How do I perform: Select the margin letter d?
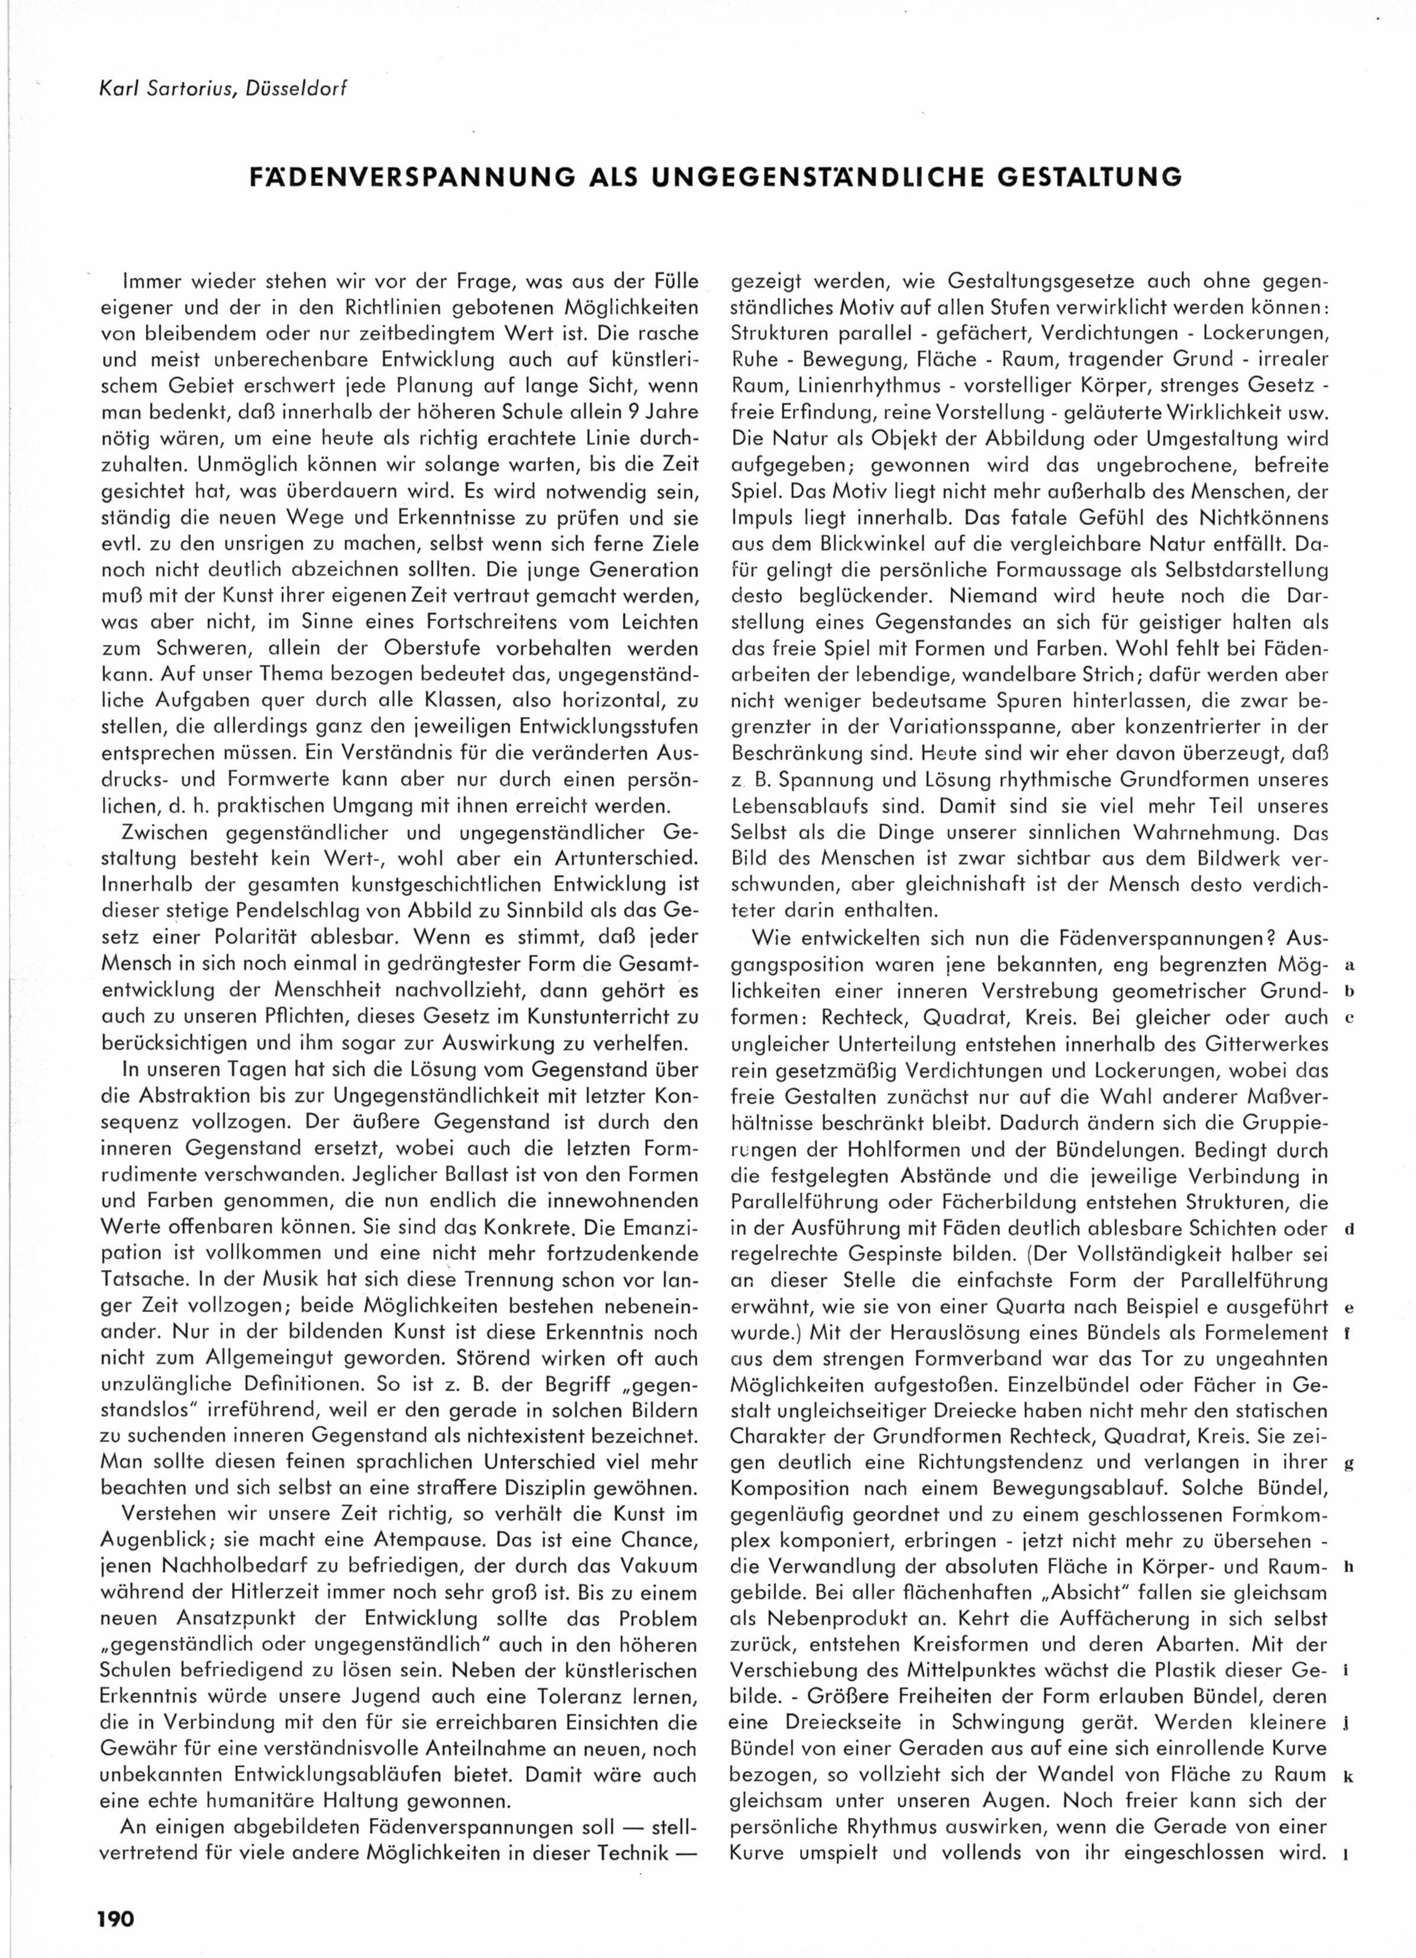(x=1349, y=1229)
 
